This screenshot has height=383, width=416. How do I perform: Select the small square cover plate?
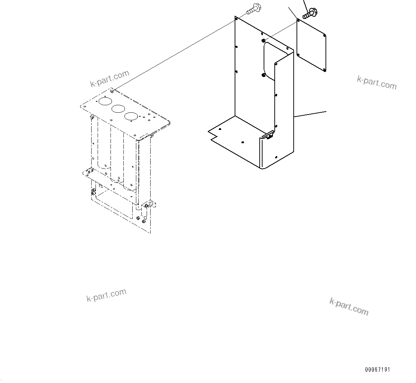(312, 46)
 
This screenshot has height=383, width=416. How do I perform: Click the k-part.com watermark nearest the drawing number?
(348, 307)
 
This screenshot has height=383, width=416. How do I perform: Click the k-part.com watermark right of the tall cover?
(377, 82)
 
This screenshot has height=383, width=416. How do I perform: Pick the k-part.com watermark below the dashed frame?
(106, 295)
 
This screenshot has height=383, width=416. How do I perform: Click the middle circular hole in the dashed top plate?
(118, 108)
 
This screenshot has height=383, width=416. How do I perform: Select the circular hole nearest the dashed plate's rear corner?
(105, 102)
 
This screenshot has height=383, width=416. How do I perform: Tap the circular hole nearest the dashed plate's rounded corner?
(131, 116)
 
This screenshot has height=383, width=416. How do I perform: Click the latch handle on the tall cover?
(268, 135)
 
